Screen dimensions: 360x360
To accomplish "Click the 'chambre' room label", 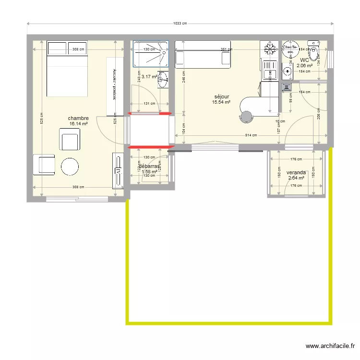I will [78, 118].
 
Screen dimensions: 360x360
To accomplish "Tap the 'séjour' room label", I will [222, 96].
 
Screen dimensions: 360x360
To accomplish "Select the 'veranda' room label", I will [296, 173].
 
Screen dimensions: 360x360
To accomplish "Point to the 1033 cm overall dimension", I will [180, 24].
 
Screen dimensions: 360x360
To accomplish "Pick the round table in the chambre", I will [71, 167].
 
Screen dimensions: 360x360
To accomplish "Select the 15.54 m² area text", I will [222, 102].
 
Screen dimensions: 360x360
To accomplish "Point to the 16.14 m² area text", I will [78, 124].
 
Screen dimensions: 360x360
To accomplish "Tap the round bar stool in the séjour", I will [246, 117].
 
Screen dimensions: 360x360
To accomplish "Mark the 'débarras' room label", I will [148, 167].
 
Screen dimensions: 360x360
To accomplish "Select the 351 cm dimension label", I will [226, 49].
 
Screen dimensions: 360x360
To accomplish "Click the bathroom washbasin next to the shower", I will [162, 80].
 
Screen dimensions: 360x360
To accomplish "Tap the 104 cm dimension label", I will [183, 128].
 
